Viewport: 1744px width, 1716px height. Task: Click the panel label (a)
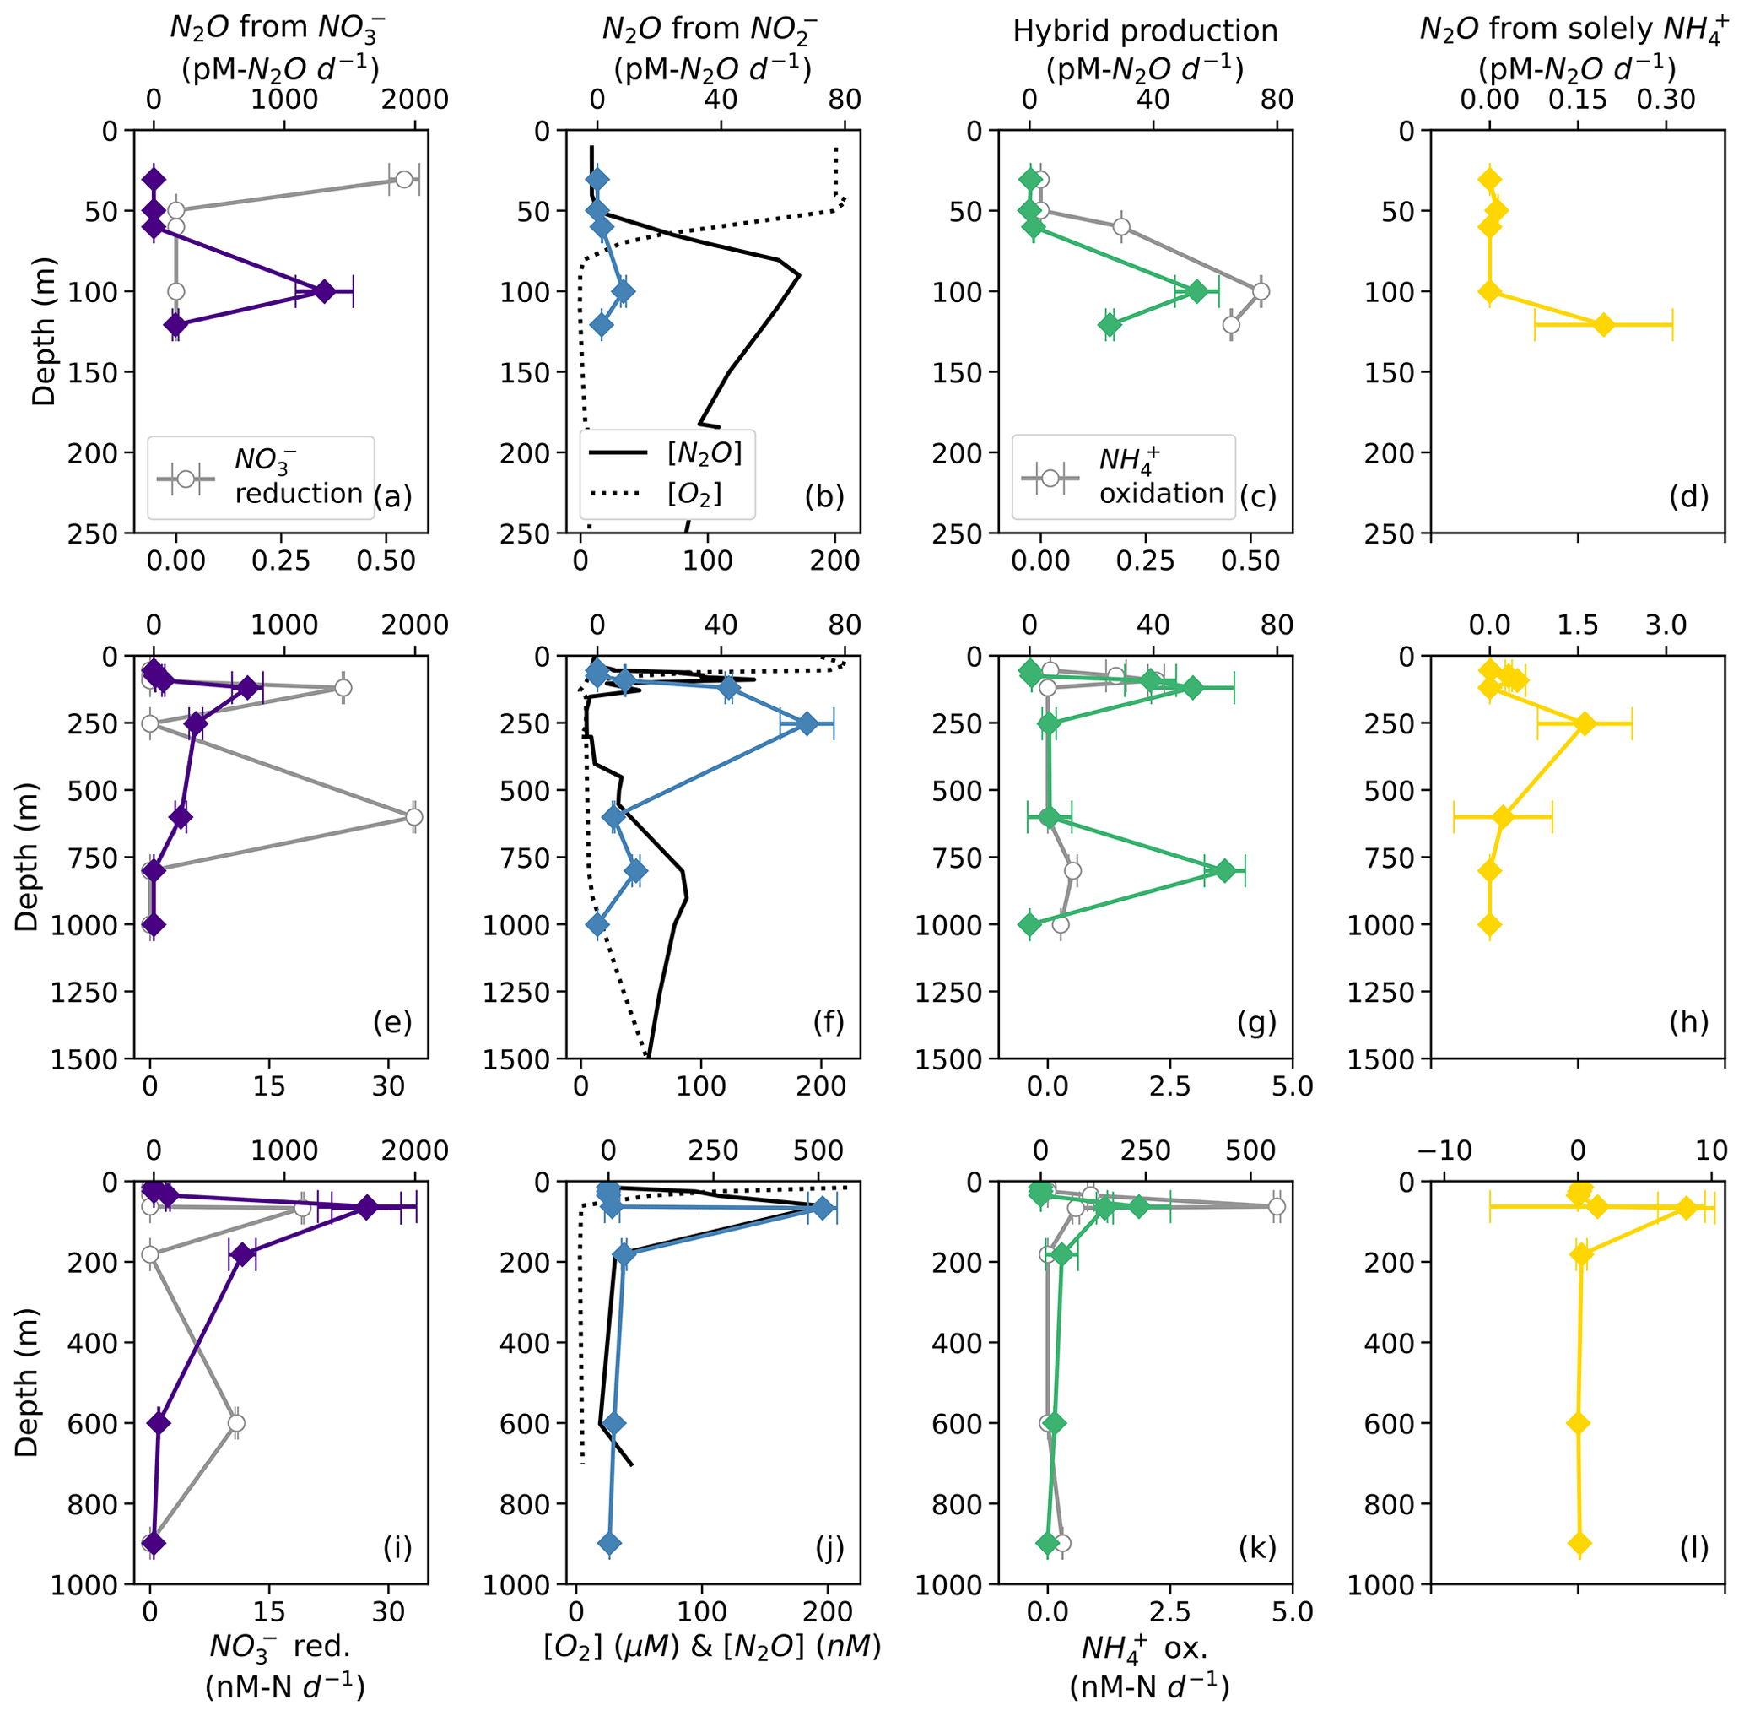391,495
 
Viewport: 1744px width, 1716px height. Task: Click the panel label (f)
827,1021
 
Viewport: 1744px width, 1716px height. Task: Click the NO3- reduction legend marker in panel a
186,479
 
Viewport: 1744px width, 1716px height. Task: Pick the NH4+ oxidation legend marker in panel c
1050,479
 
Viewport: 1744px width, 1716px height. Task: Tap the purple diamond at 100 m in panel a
324,291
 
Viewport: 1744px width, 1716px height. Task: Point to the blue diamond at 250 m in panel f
807,723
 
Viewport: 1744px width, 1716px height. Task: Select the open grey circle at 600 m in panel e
413,817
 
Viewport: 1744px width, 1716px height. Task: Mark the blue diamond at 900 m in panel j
610,1543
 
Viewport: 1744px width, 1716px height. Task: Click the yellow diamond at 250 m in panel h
1585,723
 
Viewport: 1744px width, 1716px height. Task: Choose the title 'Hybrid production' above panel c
1145,30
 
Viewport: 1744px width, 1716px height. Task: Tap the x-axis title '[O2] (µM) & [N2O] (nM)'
711,1646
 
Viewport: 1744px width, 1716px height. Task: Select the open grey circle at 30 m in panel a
404,179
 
